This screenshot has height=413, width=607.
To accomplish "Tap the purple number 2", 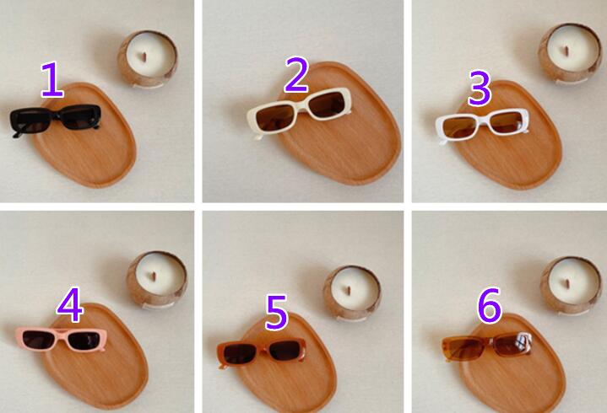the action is point(296,75).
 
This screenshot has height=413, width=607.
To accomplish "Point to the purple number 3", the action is point(480,88).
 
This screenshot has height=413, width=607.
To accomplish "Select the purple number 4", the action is point(70,305).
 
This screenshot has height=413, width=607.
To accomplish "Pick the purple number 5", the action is point(276,312).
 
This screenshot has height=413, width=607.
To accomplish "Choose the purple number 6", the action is point(490,305).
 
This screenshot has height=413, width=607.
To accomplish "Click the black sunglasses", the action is point(55,121).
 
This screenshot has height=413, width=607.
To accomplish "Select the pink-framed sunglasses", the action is point(61,339).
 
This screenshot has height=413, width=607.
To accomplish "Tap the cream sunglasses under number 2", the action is point(299,111).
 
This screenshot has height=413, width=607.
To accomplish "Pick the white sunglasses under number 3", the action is point(482,125).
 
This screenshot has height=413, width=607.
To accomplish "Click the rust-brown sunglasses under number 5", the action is point(262,352).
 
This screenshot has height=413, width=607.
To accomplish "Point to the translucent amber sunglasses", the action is point(487,346).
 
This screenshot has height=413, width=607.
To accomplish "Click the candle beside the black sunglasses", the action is point(148,59).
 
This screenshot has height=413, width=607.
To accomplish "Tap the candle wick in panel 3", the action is point(566,51).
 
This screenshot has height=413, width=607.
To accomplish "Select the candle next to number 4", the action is point(157,280).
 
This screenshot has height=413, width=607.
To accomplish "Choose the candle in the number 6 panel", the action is point(571,286).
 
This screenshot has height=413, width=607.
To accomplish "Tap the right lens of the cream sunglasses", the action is point(327,105).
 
